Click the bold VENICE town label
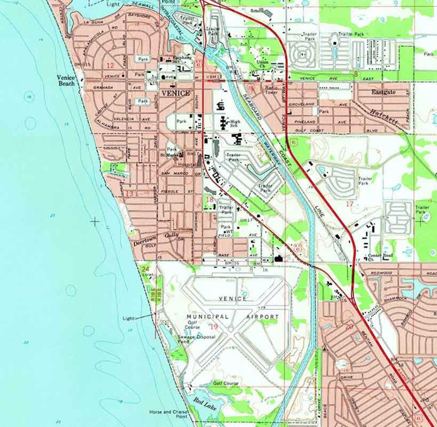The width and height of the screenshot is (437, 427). point(175,93)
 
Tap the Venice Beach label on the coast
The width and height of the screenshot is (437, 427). point(66,80)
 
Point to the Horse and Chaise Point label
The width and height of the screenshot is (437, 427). point(168,414)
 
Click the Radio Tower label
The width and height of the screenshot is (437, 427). point(271,90)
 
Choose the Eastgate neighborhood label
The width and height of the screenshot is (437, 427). point(383,92)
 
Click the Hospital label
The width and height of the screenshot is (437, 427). point(187,164)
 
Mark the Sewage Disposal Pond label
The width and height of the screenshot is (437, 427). point(196,339)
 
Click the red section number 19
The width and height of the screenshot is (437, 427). point(214,326)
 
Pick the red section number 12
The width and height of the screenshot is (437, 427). point(110,66)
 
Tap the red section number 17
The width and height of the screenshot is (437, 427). point(349,204)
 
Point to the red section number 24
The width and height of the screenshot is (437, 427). point(145,269)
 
